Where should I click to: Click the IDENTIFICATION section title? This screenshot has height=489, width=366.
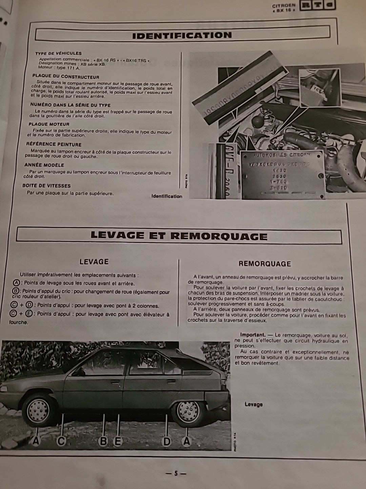(182, 35)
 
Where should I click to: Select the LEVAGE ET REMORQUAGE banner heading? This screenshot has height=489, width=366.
(179, 236)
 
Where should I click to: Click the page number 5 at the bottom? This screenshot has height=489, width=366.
(176, 473)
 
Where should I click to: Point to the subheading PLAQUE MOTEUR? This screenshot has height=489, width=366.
(49, 124)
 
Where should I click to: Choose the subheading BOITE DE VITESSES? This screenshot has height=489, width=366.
(46, 186)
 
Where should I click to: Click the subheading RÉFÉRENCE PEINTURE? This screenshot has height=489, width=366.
(54, 144)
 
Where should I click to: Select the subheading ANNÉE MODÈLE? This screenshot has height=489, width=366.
(44, 165)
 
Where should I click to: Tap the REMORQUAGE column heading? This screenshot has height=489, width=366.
(265, 264)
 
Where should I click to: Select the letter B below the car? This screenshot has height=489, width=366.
(103, 441)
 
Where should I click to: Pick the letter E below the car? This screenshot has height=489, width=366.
(118, 441)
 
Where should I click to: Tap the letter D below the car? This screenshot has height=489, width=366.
(167, 441)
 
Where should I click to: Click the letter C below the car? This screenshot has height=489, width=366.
(61, 441)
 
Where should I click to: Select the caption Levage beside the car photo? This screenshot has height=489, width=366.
(253, 404)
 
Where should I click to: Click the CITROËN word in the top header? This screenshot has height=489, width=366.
(284, 6)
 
